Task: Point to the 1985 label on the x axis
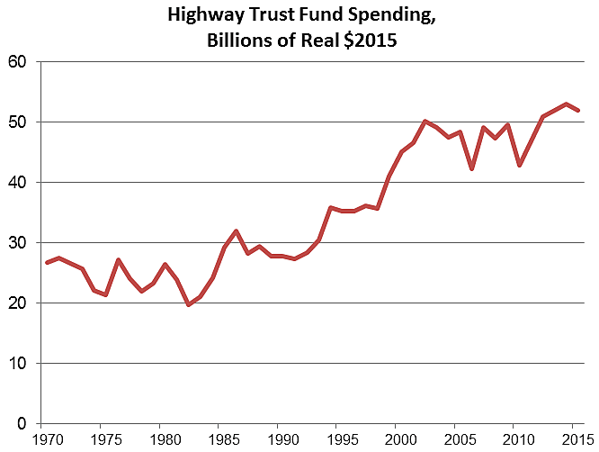(x=219, y=441)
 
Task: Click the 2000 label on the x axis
(x=397, y=441)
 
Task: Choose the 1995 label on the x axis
(x=338, y=441)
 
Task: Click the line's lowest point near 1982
(x=188, y=305)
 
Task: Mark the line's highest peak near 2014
(x=566, y=104)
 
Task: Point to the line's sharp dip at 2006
(x=471, y=168)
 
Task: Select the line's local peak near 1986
(x=236, y=231)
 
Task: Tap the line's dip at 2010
(x=519, y=165)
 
